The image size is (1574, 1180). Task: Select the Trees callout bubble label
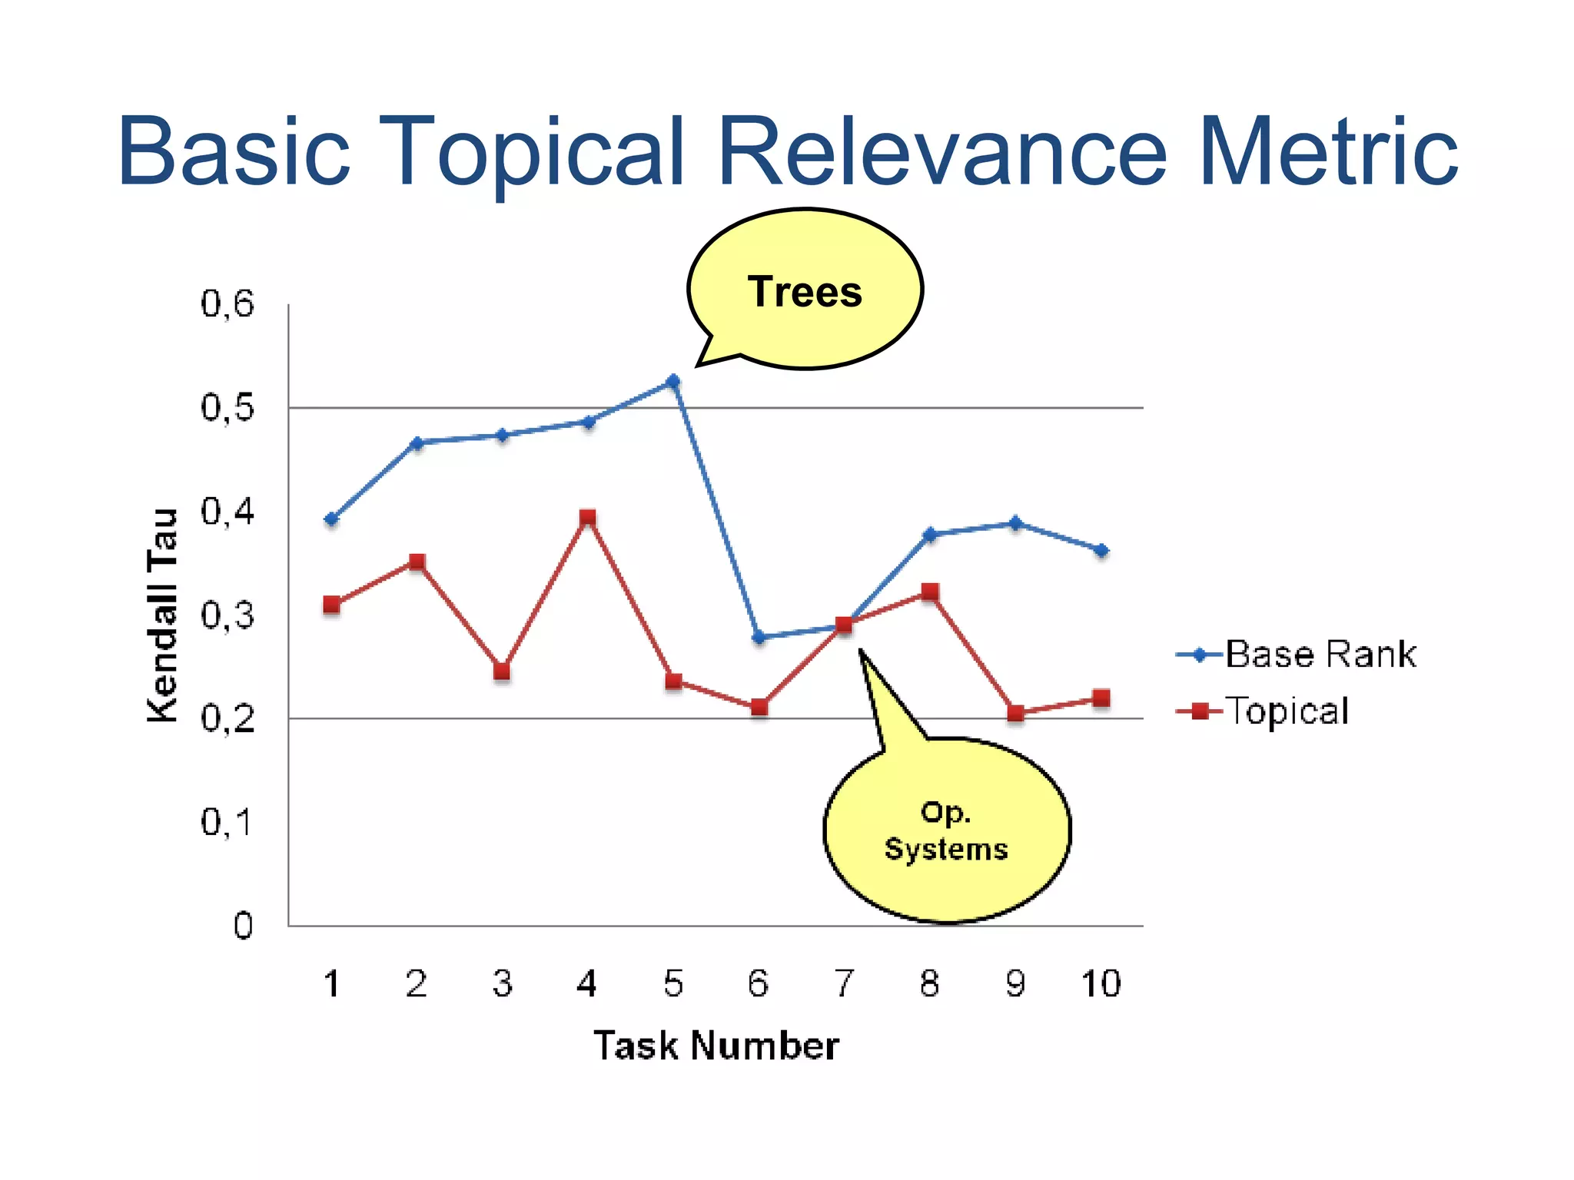tap(805, 292)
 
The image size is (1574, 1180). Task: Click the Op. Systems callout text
tap(946, 830)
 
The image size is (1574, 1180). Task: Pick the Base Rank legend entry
tap(1320, 655)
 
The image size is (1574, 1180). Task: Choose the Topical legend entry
tap(1287, 711)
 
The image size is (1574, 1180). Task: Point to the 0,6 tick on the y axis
tap(227, 304)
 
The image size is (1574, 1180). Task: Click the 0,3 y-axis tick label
tap(227, 615)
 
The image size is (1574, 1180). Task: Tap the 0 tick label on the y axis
tap(243, 926)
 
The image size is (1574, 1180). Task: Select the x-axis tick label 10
tap(1101, 984)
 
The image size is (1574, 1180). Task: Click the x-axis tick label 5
tap(673, 984)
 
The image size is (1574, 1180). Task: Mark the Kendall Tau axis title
tap(162, 615)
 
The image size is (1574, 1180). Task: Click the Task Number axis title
tap(716, 1046)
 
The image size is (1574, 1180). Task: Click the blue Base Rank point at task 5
tap(673, 381)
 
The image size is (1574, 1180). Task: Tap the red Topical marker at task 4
tap(588, 517)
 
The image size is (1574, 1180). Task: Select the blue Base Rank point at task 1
tap(332, 519)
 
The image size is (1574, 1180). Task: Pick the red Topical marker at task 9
tap(1015, 713)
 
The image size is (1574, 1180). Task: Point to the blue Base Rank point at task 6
tap(759, 637)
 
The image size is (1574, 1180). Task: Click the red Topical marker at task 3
tap(502, 671)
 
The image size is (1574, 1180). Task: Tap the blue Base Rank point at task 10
tap(1101, 550)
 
